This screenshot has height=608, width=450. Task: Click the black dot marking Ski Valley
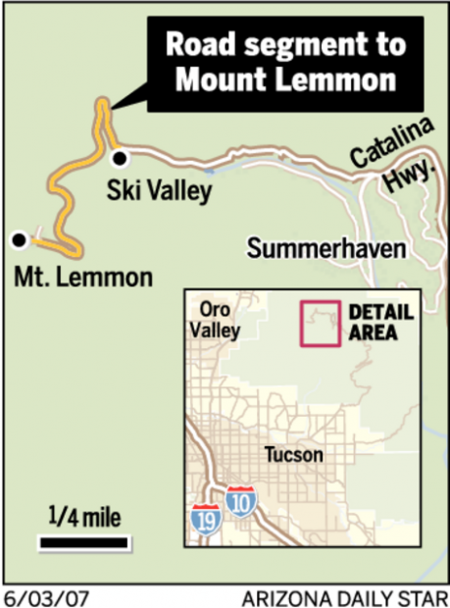[120, 157]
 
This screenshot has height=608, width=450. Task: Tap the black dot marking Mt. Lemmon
[18, 238]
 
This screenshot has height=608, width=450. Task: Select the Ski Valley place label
[159, 190]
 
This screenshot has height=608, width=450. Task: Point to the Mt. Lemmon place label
[83, 278]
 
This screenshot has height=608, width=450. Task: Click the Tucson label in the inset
[292, 455]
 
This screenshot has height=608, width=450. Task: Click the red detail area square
[319, 324]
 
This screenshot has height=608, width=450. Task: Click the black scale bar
[83, 541]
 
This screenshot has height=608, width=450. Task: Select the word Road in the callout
[199, 44]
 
